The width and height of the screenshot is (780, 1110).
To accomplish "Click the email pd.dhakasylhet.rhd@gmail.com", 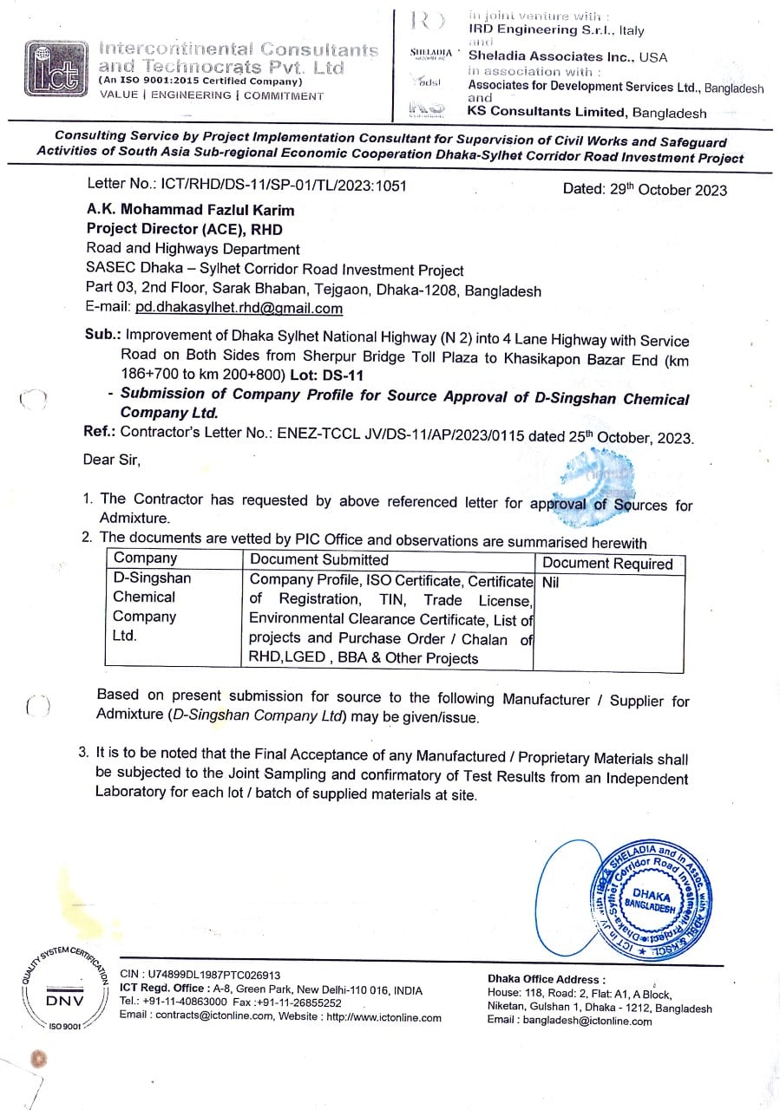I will (x=239, y=308).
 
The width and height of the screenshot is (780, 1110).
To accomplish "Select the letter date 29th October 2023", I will (x=645, y=190).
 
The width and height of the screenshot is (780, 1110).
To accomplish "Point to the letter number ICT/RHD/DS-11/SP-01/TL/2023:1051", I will (x=246, y=185).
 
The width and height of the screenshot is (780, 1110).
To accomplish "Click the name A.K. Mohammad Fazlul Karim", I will (x=190, y=210).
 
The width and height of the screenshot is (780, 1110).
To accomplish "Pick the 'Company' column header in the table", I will (x=145, y=558).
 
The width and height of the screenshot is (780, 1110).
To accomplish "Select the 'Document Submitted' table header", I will (x=319, y=559).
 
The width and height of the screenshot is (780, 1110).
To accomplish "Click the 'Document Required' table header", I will (x=607, y=564).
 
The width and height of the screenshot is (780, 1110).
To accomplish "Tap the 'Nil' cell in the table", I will (x=550, y=583).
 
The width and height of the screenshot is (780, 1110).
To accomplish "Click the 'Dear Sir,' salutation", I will (x=112, y=460).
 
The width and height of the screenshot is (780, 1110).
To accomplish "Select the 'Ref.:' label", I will (x=101, y=431).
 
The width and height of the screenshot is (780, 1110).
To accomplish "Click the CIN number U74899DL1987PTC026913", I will (x=200, y=975).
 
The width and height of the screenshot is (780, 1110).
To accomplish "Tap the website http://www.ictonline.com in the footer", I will (x=383, y=1017).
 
